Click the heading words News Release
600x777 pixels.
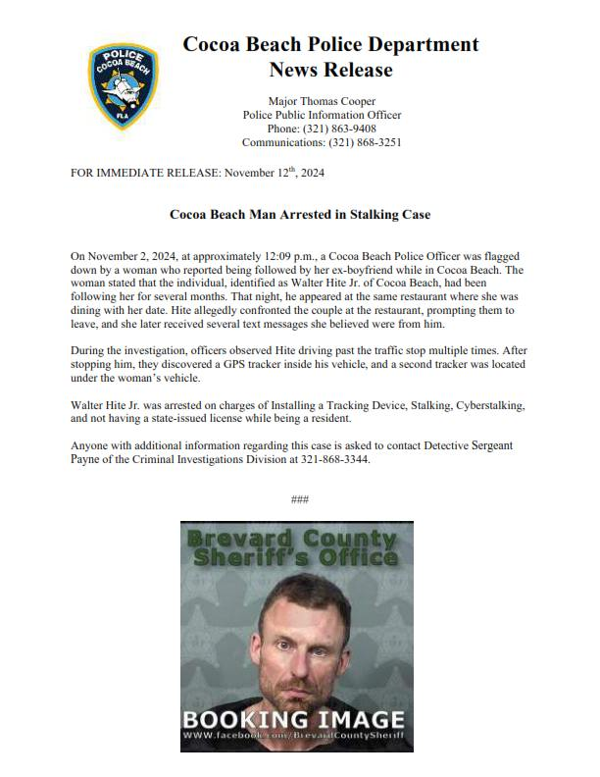coord(330,70)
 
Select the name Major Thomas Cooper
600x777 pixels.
coord(322,101)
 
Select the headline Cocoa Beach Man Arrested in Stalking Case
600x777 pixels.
coord(299,214)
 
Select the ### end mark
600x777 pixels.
coord(300,500)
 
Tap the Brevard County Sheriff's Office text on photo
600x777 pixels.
coord(296,547)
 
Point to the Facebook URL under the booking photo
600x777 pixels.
coord(296,735)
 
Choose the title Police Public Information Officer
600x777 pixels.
coord(322,115)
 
